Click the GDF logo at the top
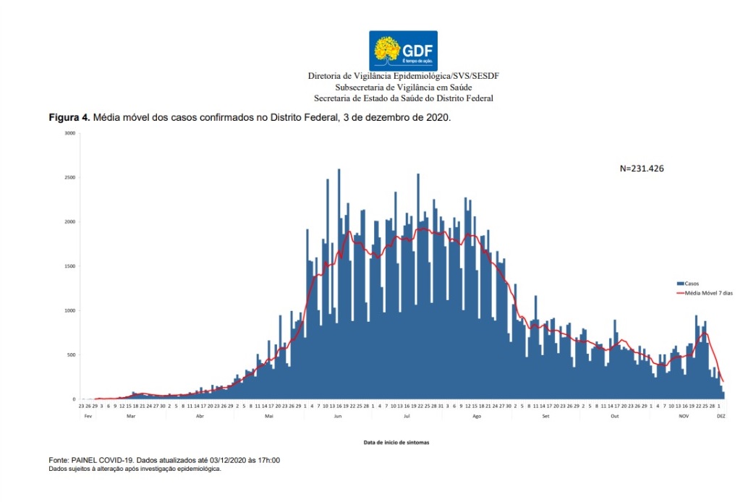403,51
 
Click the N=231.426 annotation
642,169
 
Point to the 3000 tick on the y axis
69,133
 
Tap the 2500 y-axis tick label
69,177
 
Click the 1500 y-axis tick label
69,266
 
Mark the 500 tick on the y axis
71,355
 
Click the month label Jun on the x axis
337,416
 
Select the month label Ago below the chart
476,416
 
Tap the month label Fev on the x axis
87,416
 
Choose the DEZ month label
721,416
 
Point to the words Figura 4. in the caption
69,116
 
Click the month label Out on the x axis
614,416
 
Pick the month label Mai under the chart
269,416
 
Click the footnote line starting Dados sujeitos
134,469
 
